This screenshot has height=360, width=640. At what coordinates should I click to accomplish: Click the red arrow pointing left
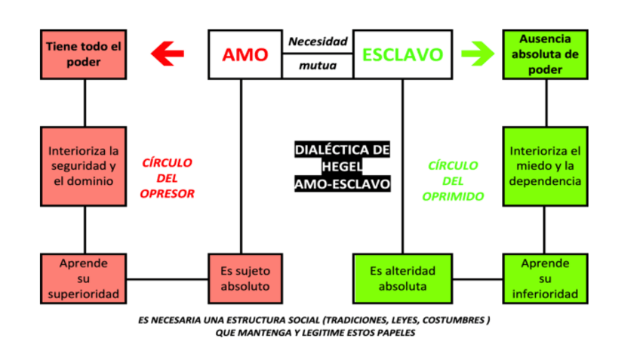pos(168,54)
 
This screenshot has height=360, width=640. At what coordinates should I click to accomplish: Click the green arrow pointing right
pos(477,54)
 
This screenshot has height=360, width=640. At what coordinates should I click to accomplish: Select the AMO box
pos(245,54)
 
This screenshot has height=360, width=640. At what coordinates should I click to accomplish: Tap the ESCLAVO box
pos(403,54)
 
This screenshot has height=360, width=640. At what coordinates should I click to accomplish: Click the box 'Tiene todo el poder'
pos(83,54)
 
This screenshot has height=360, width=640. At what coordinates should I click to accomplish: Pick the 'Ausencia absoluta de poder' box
pos(546,54)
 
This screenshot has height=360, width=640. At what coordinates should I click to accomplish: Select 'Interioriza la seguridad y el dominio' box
pos(83,166)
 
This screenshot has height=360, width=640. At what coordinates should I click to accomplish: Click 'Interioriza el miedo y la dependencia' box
pos(546,166)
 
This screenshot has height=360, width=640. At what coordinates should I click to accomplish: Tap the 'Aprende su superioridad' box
pos(83,278)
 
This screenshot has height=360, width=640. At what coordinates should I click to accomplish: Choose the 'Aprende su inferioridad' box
pos(546,278)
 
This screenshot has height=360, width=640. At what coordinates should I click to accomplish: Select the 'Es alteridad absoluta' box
pos(402,278)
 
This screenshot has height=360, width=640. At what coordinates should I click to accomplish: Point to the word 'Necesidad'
pos(318,42)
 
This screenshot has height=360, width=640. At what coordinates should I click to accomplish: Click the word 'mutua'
pos(318,66)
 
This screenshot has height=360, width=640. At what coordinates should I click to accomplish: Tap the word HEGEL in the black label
pos(343,166)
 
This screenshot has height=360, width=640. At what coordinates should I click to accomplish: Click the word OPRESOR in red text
pos(168,193)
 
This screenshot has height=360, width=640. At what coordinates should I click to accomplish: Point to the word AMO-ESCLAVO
pos(343,183)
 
